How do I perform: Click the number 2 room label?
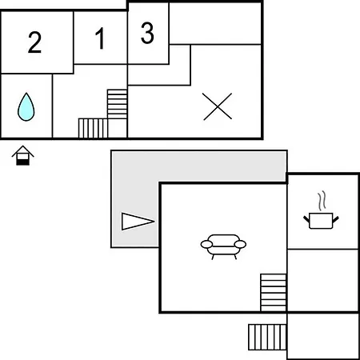click(x=34, y=42)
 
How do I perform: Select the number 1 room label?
click(x=100, y=38)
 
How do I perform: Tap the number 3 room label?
click(x=147, y=33)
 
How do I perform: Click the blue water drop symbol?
click(x=26, y=106)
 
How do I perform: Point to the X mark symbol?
click(x=217, y=106)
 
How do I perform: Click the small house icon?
click(x=23, y=155)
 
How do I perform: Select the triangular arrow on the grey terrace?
click(x=138, y=221)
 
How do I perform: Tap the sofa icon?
click(x=223, y=246)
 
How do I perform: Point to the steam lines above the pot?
click(x=322, y=201)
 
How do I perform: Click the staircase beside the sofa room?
click(x=274, y=292)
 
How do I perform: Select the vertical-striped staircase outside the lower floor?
click(x=267, y=337)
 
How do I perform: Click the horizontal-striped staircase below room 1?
click(x=117, y=104)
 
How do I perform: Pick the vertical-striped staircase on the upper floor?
click(x=93, y=128)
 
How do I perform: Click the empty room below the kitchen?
click(x=322, y=280)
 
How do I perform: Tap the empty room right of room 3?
click(x=215, y=23)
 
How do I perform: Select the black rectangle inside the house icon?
click(x=22, y=162)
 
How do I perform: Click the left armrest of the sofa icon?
click(x=206, y=244)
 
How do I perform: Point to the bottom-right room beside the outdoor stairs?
click(x=322, y=336)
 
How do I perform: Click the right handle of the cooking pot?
click(x=335, y=220)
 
